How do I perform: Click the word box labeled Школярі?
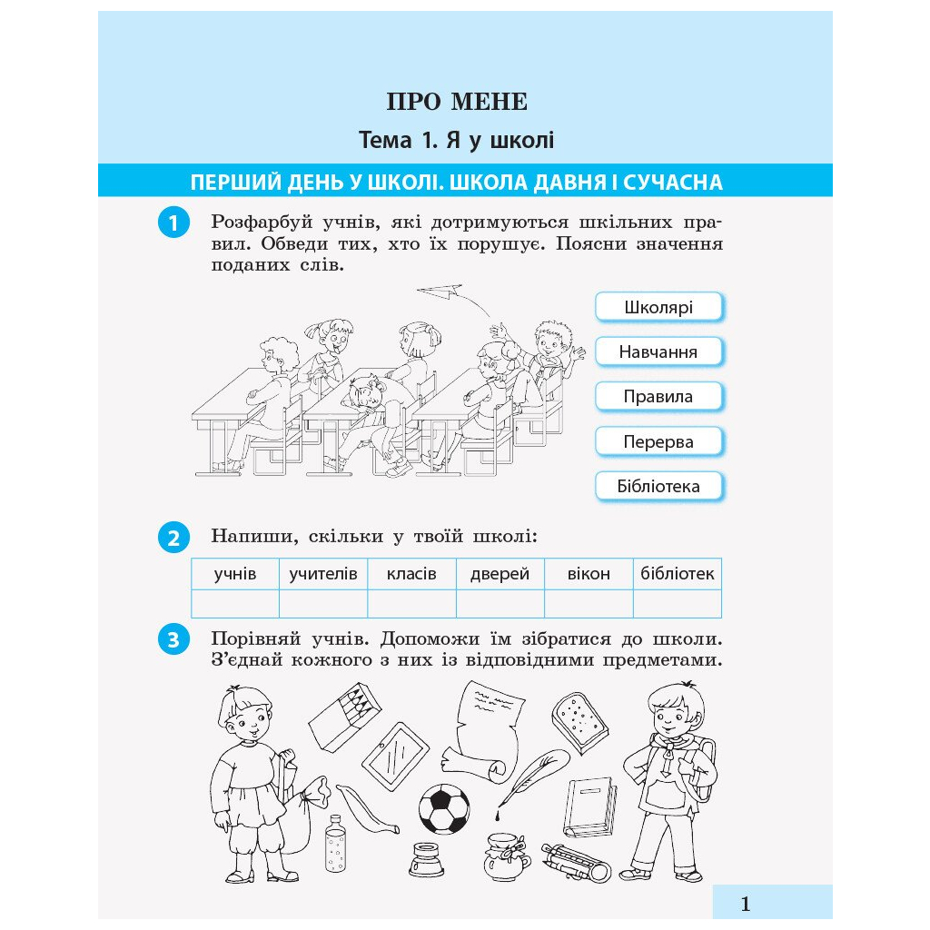(658, 307)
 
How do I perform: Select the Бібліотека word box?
(658, 487)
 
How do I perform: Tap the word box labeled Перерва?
(658, 442)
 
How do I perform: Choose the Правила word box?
(658, 397)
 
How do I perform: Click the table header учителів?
(323, 574)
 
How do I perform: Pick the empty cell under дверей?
(500, 603)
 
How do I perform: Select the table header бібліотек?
(678, 574)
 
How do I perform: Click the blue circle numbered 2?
(173, 538)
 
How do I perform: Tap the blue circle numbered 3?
(173, 640)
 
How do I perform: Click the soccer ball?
(443, 808)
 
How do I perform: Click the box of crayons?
(345, 717)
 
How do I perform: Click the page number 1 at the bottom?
(746, 904)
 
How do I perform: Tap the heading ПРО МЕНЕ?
(457, 102)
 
